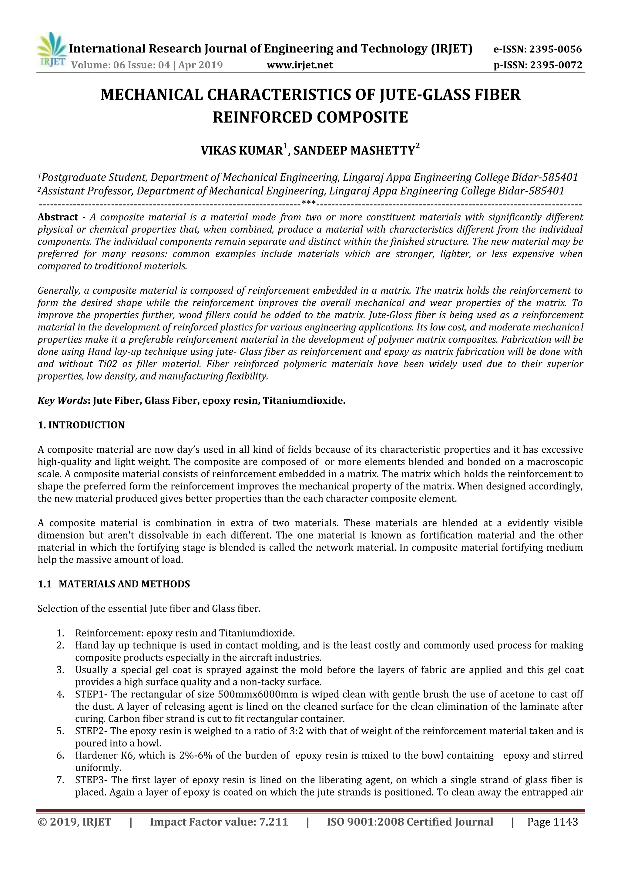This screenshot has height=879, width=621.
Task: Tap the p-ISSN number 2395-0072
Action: pos(556,65)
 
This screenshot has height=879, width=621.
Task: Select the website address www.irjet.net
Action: pos(300,65)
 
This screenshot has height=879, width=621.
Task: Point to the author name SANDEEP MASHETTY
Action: pos(354,151)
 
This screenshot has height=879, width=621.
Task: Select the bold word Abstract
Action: pos(58,217)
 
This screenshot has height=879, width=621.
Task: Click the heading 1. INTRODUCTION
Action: pos(81,425)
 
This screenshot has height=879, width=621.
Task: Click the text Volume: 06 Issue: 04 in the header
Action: pos(120,65)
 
